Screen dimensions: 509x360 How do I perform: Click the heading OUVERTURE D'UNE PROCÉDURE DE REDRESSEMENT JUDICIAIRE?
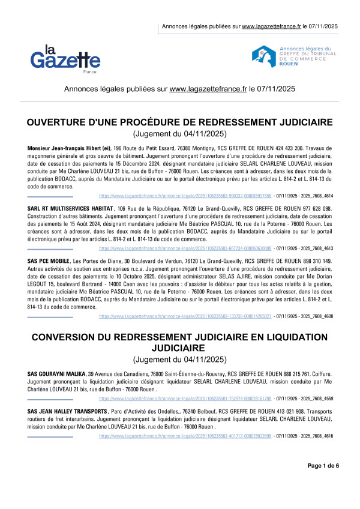point(180,122)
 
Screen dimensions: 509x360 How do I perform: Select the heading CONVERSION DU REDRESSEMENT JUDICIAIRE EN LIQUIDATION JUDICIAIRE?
point(180,343)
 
